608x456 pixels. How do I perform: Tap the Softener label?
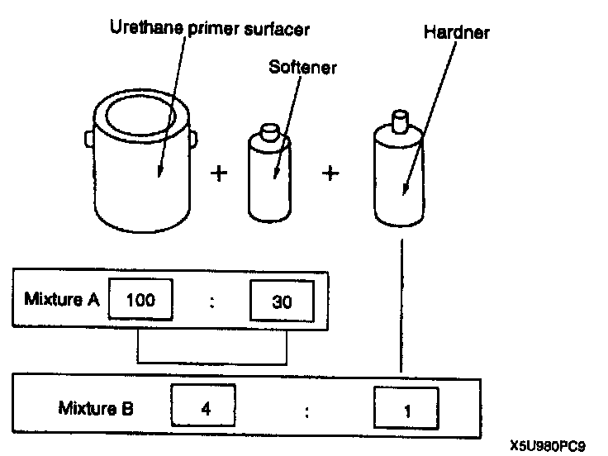tap(302, 68)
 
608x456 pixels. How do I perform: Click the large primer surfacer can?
tap(146, 165)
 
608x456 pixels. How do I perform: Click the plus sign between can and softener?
tap(219, 174)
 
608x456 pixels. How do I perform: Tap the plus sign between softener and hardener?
tap(330, 174)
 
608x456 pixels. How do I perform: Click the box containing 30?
tap(281, 302)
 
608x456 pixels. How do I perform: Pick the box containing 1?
tap(406, 409)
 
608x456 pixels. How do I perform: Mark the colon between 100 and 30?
tap(213, 302)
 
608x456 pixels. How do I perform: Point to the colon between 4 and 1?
tap(306, 410)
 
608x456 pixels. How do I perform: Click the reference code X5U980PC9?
tap(547, 445)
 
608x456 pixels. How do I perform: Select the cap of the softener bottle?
tap(269, 133)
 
